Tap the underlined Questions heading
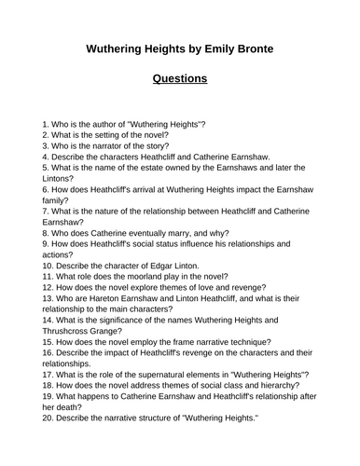[x=180, y=79]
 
